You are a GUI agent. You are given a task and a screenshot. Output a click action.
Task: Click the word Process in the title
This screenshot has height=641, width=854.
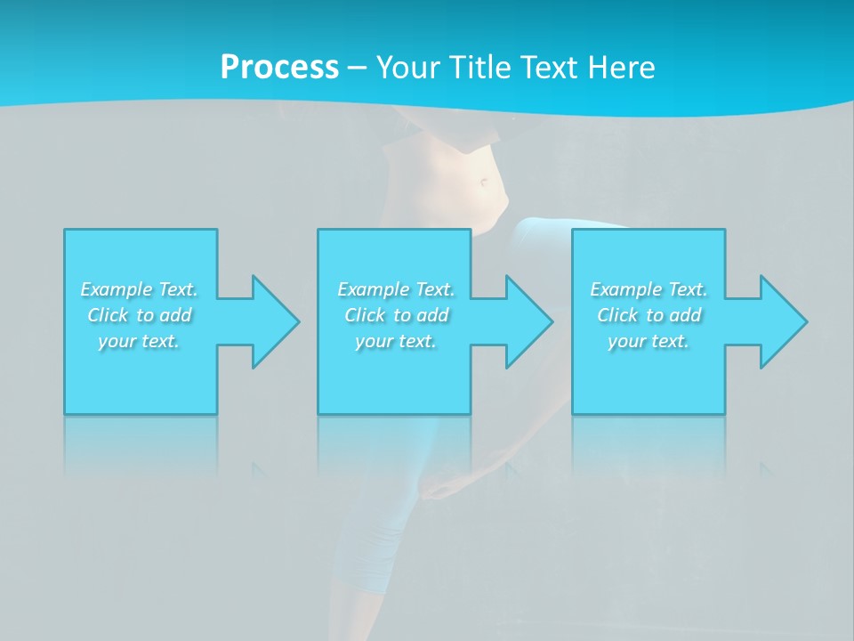[279, 68]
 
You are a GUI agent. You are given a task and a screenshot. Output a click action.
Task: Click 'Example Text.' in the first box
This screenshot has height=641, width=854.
[140, 289]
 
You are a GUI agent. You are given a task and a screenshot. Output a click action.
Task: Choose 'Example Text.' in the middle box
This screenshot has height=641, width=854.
[396, 289]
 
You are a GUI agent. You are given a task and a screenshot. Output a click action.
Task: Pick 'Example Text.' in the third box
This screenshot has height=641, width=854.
[649, 289]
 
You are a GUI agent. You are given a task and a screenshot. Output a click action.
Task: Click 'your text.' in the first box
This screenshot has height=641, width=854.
[139, 341]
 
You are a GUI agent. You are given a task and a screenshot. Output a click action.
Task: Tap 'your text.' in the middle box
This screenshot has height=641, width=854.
[395, 341]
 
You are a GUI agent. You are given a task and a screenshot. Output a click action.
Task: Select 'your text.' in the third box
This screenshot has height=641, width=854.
[648, 341]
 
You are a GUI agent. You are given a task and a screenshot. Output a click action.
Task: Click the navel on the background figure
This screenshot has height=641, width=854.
[484, 183]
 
